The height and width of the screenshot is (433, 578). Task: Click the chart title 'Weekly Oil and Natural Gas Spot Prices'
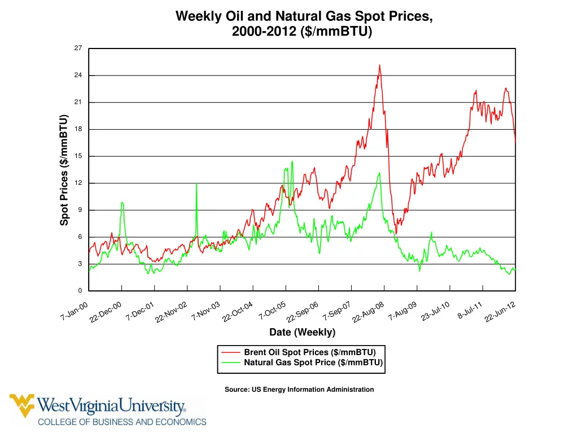pyautogui.click(x=304, y=16)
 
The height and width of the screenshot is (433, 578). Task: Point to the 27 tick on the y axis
pyautogui.click(x=78, y=48)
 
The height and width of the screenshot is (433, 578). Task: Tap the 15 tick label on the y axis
pyautogui.click(x=78, y=156)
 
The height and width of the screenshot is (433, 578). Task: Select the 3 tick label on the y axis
pyautogui.click(x=80, y=264)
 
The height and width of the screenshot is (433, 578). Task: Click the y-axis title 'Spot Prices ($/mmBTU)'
pyautogui.click(x=64, y=170)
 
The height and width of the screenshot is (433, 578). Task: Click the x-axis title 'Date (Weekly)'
pyautogui.click(x=302, y=332)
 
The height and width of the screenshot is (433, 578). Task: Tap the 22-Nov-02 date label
pyautogui.click(x=171, y=313)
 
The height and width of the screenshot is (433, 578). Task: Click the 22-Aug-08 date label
pyautogui.click(x=368, y=313)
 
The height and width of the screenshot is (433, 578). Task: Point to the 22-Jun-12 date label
pyautogui.click(x=500, y=313)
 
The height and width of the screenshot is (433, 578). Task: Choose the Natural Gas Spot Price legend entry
pyautogui.click(x=313, y=363)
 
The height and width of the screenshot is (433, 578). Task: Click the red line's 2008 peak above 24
pyautogui.click(x=379, y=65)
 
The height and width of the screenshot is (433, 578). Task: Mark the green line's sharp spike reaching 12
pyautogui.click(x=196, y=184)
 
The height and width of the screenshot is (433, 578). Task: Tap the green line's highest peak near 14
pyautogui.click(x=292, y=162)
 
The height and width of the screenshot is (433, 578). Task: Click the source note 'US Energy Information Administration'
pyautogui.click(x=299, y=390)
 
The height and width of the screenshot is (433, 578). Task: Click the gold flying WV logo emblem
pyautogui.click(x=22, y=405)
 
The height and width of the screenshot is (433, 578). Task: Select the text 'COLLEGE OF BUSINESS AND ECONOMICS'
pyautogui.click(x=122, y=422)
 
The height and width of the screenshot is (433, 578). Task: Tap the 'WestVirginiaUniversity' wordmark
pyautogui.click(x=112, y=406)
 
